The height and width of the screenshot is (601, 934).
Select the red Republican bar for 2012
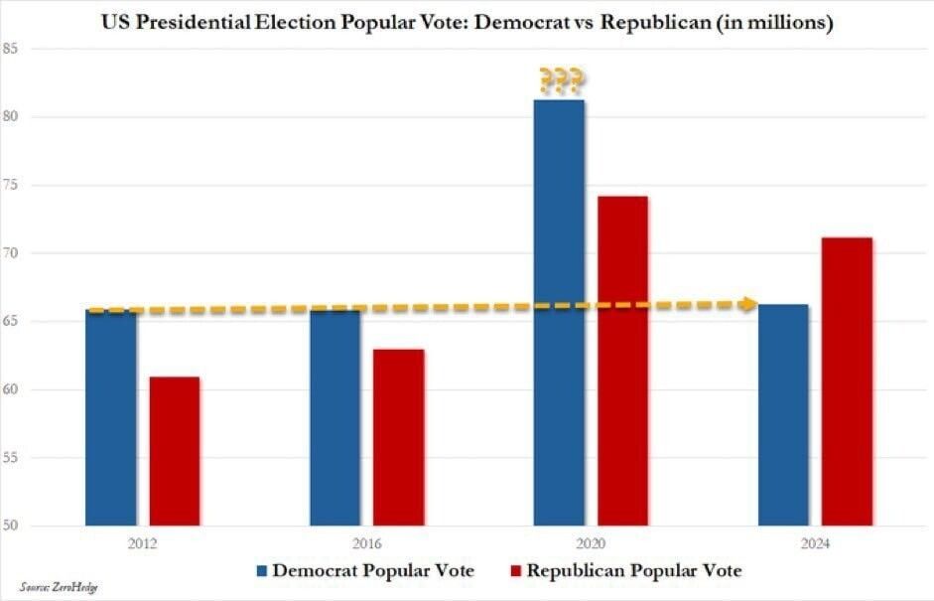[175, 451]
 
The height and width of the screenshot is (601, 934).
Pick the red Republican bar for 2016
[399, 437]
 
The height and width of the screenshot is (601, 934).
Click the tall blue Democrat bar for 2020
[559, 312]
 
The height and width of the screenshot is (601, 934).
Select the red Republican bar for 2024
[848, 381]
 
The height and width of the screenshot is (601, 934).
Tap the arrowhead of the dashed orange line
[750, 304]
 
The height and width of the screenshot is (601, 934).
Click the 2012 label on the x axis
[143, 544]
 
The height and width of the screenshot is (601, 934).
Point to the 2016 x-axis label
[367, 544]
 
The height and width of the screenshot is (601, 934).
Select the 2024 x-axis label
[816, 544]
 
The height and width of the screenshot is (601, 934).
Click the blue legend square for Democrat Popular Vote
[262, 571]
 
